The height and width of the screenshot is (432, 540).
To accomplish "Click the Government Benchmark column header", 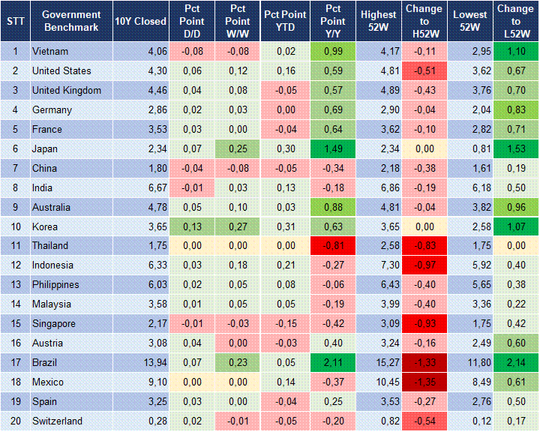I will (70, 21).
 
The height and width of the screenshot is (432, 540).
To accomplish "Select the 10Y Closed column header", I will (140, 21).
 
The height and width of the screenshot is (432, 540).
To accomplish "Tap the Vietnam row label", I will (49, 51).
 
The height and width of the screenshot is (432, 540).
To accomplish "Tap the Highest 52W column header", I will (378, 21).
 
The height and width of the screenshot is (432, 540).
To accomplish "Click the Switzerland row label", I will (57, 421).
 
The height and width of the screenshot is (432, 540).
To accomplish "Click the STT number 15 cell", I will (15, 324).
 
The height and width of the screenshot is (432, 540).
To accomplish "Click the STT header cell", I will (15, 21).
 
